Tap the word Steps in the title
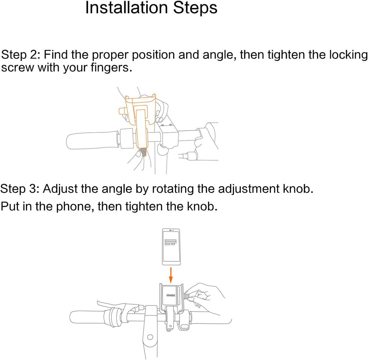coord(195,8)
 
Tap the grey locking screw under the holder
coord(143,152)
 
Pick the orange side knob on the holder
coord(123,111)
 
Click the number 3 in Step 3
coord(33,189)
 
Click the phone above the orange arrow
coord(171,247)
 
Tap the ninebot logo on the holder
coord(171,295)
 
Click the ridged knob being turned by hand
coord(187,295)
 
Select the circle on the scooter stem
coord(150,337)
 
